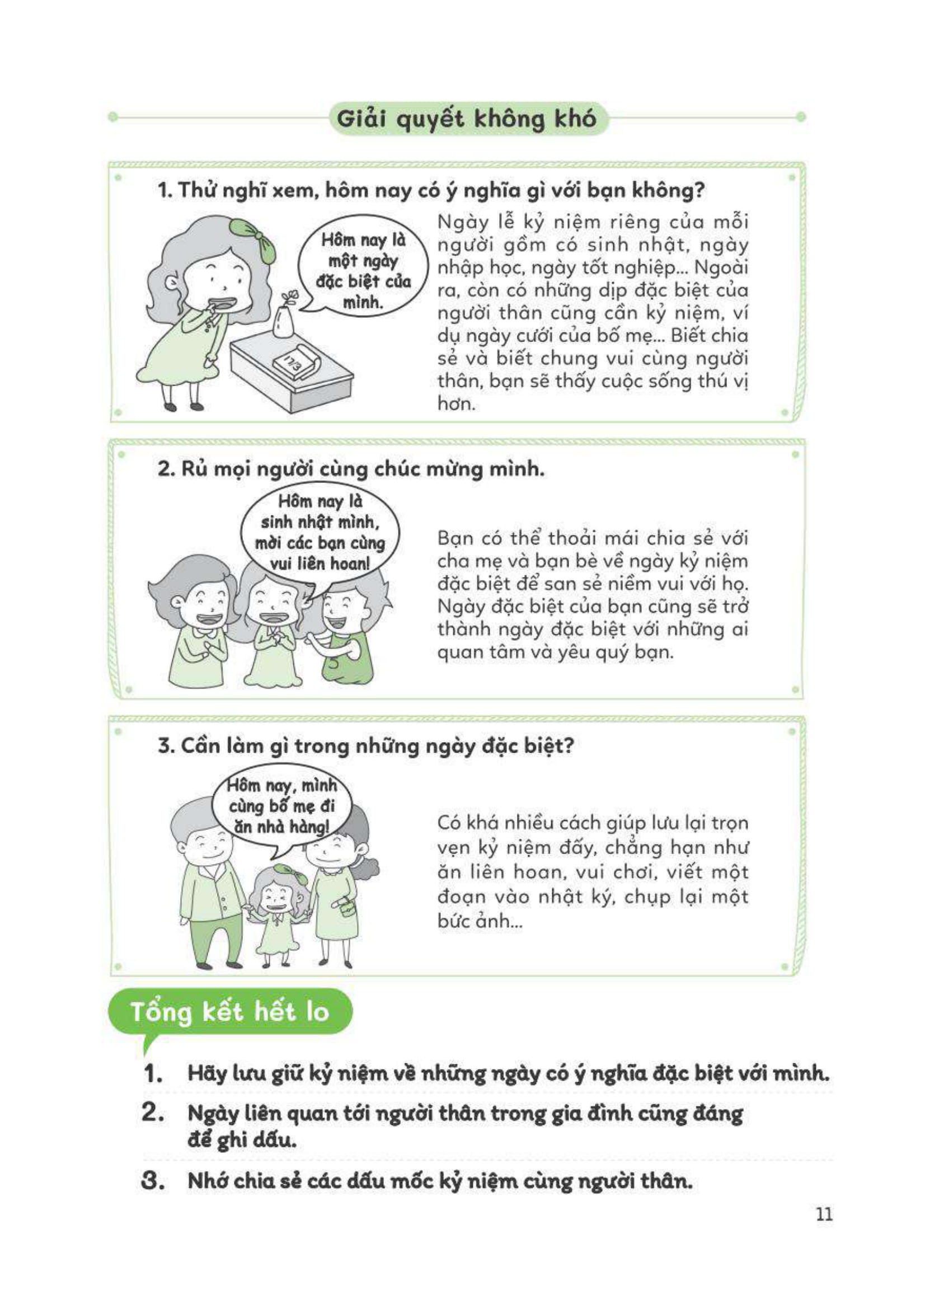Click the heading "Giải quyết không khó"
click(x=466, y=119)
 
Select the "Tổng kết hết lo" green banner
click(x=229, y=1011)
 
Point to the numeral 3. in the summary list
click(x=153, y=1180)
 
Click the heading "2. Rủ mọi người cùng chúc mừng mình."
click(x=350, y=468)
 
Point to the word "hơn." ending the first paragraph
click(x=456, y=404)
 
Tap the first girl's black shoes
click(x=183, y=406)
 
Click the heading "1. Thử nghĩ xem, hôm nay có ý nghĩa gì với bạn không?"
click(x=430, y=190)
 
